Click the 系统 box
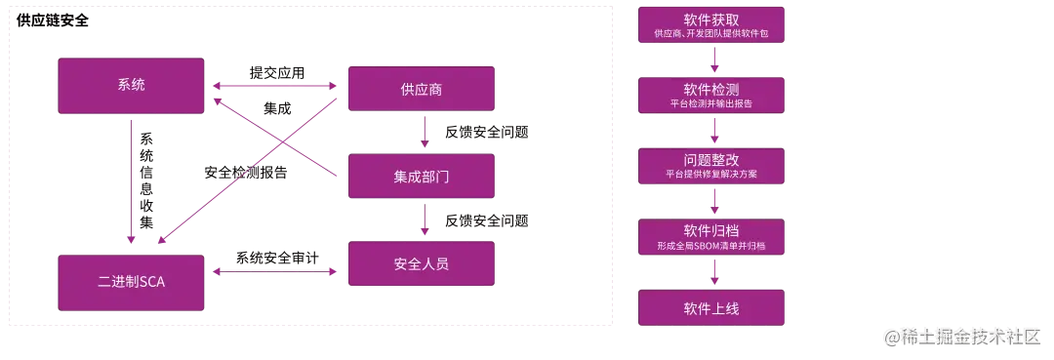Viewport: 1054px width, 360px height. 131,85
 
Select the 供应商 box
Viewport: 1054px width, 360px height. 422,89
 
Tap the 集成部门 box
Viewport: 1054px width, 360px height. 422,177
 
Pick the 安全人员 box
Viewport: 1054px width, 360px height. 422,263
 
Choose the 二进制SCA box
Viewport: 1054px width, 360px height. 131,282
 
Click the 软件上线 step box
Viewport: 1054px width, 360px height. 711,308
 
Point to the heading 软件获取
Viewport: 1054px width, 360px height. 711,19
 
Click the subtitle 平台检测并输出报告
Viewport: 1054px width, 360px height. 711,103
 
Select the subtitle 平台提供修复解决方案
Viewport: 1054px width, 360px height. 711,175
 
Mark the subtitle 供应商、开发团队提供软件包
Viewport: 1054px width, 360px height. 711,34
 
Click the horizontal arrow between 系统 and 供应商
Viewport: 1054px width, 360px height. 277,87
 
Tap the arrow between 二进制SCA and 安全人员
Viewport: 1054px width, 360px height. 277,274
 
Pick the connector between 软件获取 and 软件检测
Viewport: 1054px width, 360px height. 719,62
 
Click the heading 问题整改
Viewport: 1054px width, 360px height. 711,159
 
